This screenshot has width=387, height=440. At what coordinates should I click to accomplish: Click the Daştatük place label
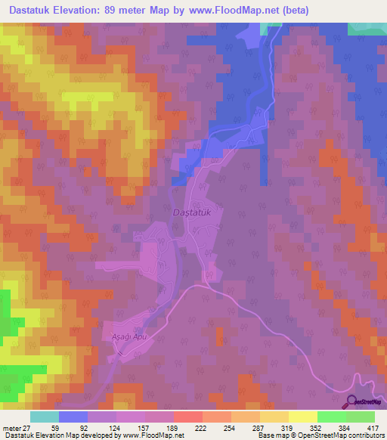pyautogui.click(x=194, y=213)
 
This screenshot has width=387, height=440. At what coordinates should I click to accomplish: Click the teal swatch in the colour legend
pyautogui.click(x=45, y=417)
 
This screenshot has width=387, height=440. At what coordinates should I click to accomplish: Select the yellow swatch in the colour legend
pyautogui.click(x=303, y=417)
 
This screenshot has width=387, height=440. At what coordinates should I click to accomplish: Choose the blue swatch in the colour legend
pyautogui.click(x=73, y=417)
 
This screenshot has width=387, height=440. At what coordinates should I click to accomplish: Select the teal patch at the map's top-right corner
pyautogui.click(x=367, y=28)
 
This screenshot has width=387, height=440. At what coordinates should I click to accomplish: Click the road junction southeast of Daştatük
pyautogui.click(x=206, y=287)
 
